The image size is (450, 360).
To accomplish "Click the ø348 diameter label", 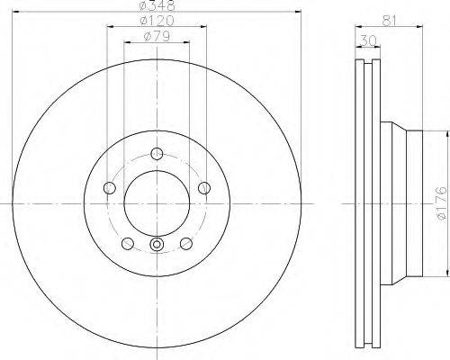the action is (x=157, y=5).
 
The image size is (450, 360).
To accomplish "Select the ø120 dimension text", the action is (x=157, y=21).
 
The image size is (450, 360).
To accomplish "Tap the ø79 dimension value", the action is (x=157, y=36).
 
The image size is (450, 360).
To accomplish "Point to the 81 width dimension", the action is (x=389, y=21).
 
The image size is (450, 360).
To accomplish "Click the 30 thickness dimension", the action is (x=368, y=40).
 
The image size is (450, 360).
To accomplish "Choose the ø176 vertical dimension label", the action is (x=442, y=203).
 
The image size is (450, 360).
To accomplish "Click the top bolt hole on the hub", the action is (x=157, y=154).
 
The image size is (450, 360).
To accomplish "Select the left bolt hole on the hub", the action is (x=110, y=188).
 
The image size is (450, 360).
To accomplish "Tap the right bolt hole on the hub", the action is (x=204, y=188).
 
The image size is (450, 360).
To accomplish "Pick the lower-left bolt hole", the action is (x=128, y=243).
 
